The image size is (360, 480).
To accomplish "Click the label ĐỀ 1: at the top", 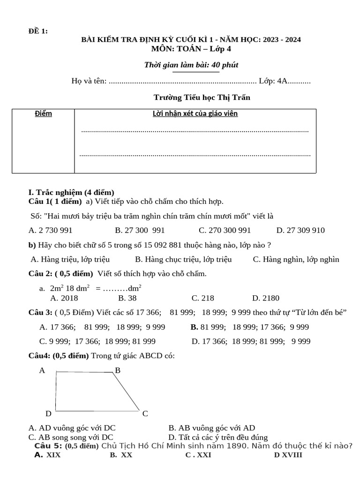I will pos(38,31).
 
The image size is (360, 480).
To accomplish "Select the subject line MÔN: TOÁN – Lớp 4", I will pos(191,49).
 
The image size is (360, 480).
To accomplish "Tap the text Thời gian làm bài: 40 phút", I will pos(191,65).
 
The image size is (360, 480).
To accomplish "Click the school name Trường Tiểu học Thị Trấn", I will pos(202,97).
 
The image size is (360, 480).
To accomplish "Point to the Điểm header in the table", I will pos(44,114).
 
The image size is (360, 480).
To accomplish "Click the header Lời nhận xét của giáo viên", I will pos(195,114).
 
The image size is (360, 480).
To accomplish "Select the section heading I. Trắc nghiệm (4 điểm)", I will pos(71,193).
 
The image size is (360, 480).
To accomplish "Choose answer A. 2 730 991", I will pos(51,231).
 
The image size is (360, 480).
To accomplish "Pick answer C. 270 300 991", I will pos(225,231).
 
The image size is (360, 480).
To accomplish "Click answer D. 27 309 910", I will pos(300,231).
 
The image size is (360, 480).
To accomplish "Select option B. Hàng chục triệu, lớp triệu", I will pos(183,259).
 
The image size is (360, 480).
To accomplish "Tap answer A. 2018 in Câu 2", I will pos(64,298).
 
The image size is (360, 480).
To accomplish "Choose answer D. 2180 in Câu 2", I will pos(265,298).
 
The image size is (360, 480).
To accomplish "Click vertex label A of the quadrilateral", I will pos(42,370).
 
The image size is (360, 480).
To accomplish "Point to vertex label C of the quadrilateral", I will pos(145,413).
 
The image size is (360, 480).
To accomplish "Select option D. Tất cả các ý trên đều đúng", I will pos(218,437).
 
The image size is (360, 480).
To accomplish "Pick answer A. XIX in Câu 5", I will pos(48,455).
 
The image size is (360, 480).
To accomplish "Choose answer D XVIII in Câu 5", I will pos(288,455).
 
